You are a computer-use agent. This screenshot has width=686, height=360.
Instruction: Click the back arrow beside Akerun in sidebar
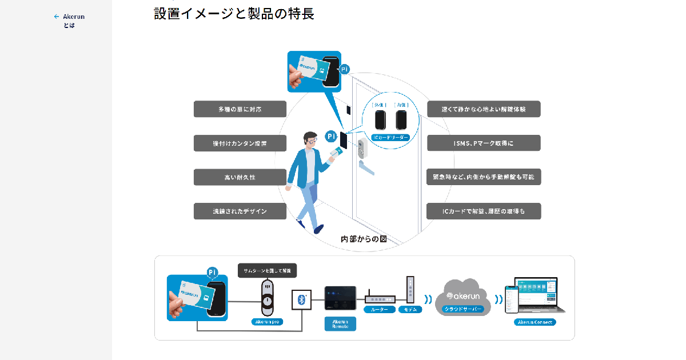[56, 17]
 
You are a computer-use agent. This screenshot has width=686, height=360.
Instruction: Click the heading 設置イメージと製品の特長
[234, 14]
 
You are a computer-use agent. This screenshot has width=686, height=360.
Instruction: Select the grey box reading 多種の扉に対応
[240, 109]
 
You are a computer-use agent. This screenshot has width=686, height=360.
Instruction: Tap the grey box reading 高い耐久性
[240, 177]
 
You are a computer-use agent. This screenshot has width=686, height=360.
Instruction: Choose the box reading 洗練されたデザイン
[240, 211]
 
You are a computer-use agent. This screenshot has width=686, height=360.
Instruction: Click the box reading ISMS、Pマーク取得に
[483, 143]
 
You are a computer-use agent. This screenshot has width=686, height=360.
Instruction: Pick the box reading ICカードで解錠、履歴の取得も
[483, 211]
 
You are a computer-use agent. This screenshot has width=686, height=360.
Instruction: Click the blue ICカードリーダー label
[391, 138]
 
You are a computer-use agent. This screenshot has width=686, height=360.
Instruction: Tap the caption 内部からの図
[364, 239]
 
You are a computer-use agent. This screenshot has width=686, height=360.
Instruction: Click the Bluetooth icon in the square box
[302, 299]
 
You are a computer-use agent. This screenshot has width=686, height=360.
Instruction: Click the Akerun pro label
[268, 322]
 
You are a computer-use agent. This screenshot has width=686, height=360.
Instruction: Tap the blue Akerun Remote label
[340, 324]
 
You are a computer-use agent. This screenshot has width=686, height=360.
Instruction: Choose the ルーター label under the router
[380, 309]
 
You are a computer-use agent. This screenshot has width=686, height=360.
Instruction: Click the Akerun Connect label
[535, 322]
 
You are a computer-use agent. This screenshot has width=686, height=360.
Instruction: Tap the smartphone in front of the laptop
[512, 301]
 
